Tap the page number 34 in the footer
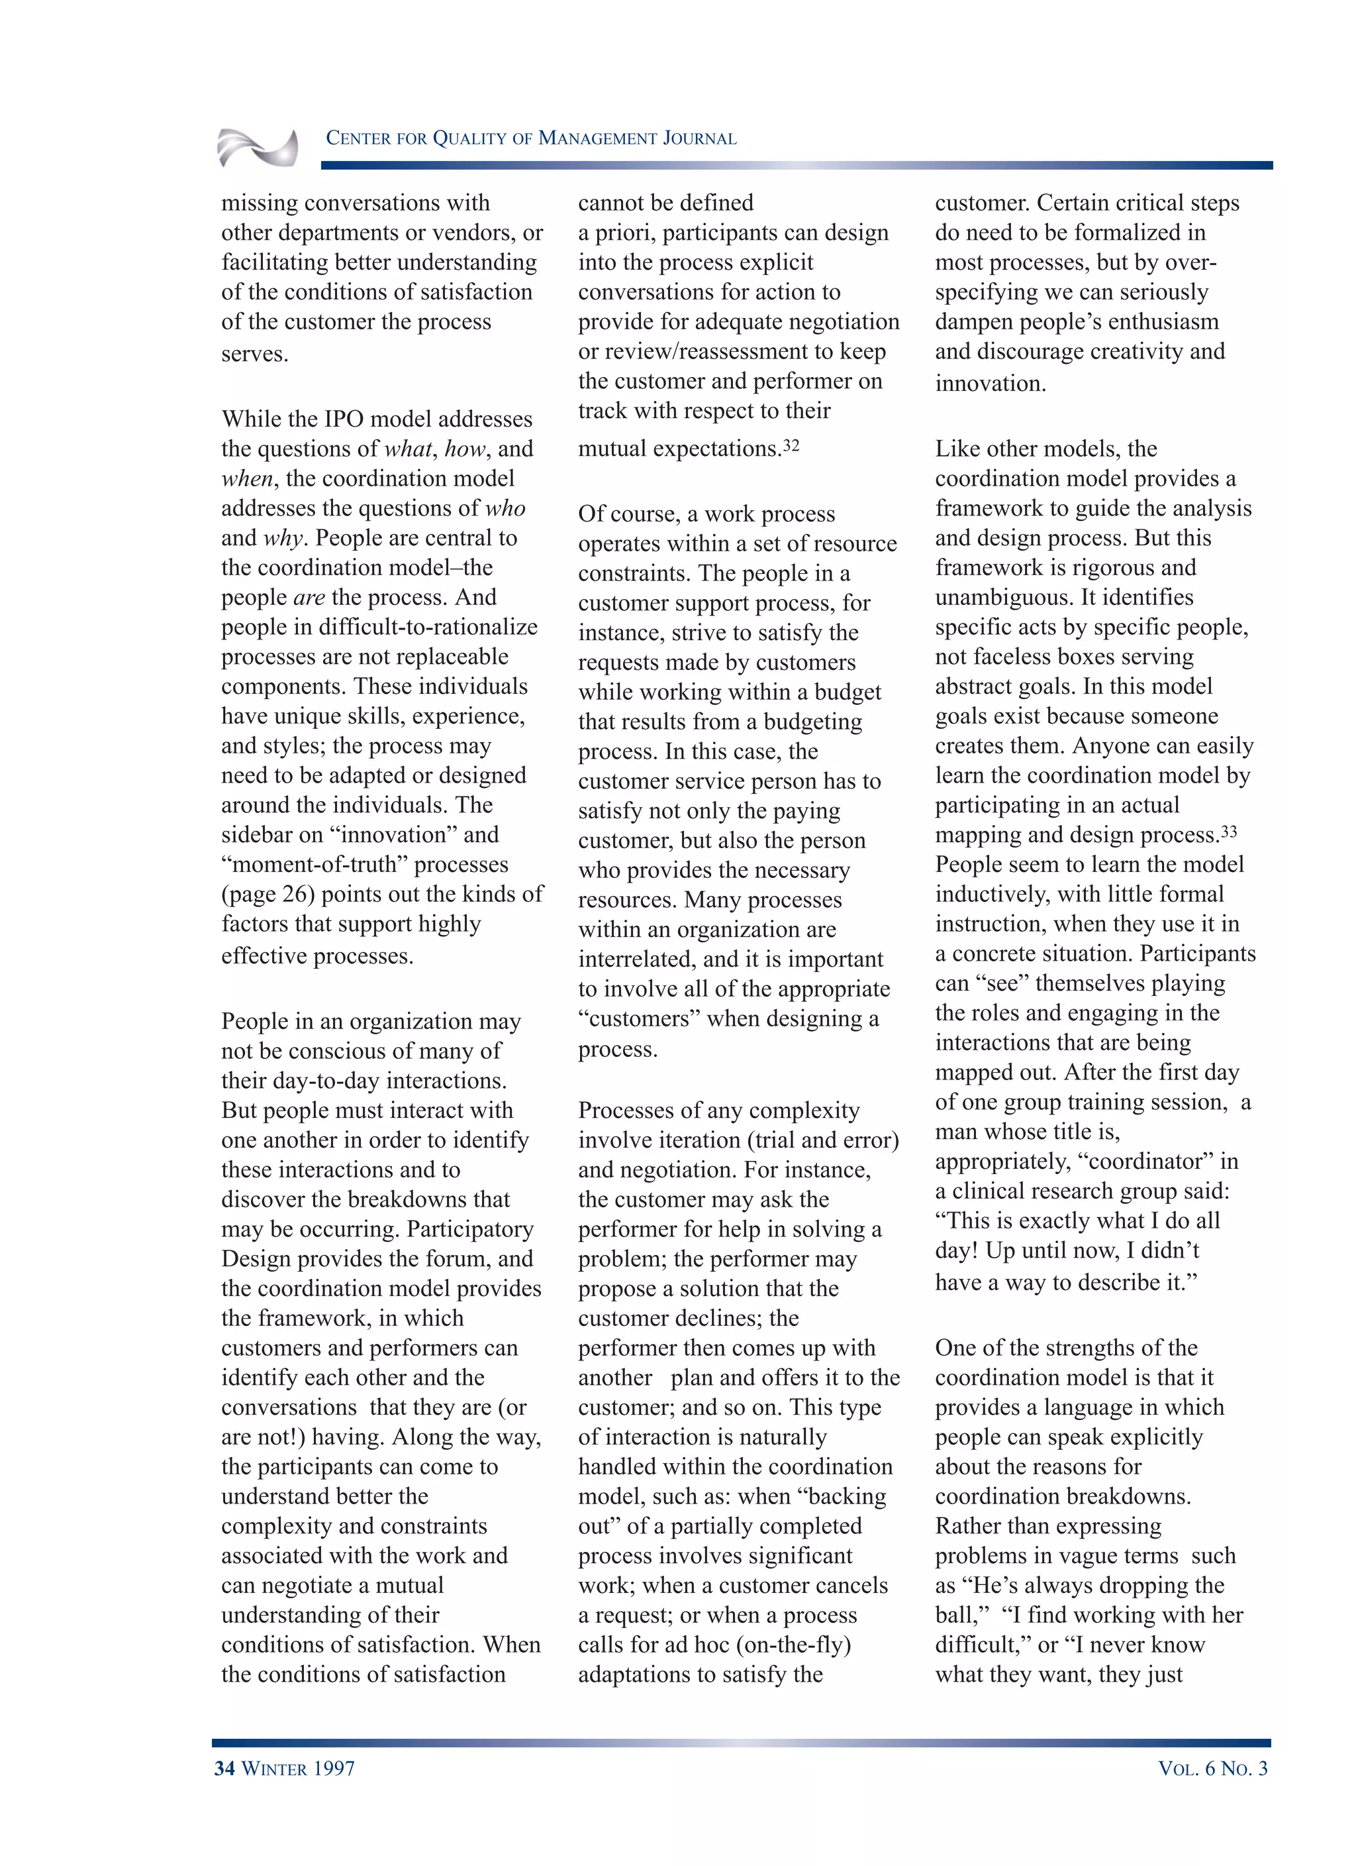coord(224,1768)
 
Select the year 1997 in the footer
coord(333,1768)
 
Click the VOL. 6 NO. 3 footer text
coord(1212,1768)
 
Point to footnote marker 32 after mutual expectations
coord(791,445)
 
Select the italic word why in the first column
coord(283,538)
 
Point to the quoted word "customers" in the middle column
coord(639,1019)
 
